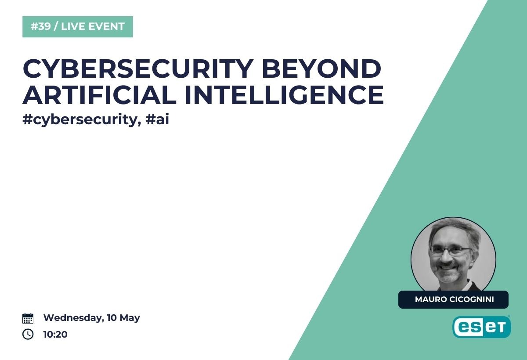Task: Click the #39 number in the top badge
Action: point(41,26)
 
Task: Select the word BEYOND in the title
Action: point(321,68)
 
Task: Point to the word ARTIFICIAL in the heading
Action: point(100,95)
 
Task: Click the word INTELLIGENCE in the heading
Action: point(285,95)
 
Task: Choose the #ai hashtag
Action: point(157,119)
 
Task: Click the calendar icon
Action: point(28,318)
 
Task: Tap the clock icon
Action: point(28,334)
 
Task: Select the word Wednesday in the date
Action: point(74,318)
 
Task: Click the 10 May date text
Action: point(123,318)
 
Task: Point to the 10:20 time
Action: point(55,335)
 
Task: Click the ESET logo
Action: point(482,327)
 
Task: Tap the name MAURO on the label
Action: point(431,299)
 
